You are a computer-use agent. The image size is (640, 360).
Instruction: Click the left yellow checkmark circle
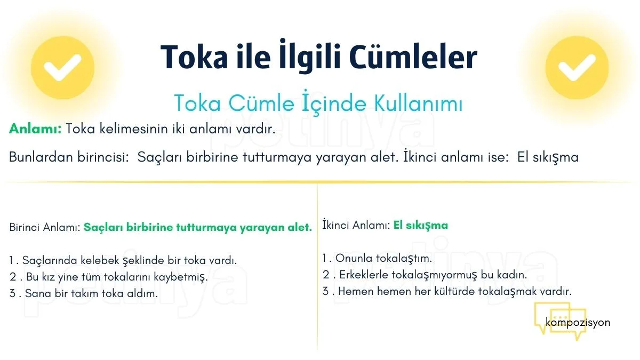click(62, 68)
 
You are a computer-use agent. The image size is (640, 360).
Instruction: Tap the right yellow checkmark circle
click(577, 68)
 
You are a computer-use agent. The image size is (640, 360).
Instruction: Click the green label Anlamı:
click(35, 129)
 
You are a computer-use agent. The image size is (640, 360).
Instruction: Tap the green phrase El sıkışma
click(421, 225)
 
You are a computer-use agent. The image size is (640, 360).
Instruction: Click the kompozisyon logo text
click(578, 322)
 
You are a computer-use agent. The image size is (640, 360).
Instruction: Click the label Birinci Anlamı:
click(45, 227)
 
